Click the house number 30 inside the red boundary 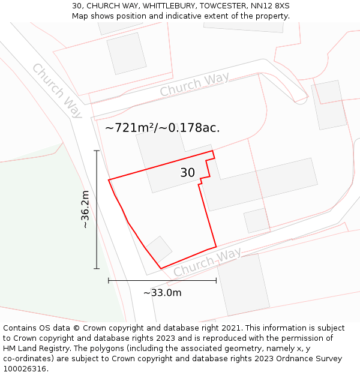point(187,173)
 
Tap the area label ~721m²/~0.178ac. point(162,128)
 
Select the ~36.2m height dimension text point(85,209)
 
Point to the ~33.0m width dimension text point(162,293)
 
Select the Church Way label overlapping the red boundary point(207,262)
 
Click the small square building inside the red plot point(160,248)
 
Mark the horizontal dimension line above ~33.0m point(162,280)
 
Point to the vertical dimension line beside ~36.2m point(97,209)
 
